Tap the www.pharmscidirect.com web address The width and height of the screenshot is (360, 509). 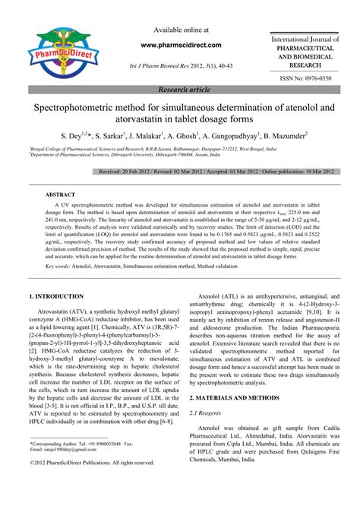180,45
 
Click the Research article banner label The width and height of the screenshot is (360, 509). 180,90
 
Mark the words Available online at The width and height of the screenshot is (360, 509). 180,30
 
